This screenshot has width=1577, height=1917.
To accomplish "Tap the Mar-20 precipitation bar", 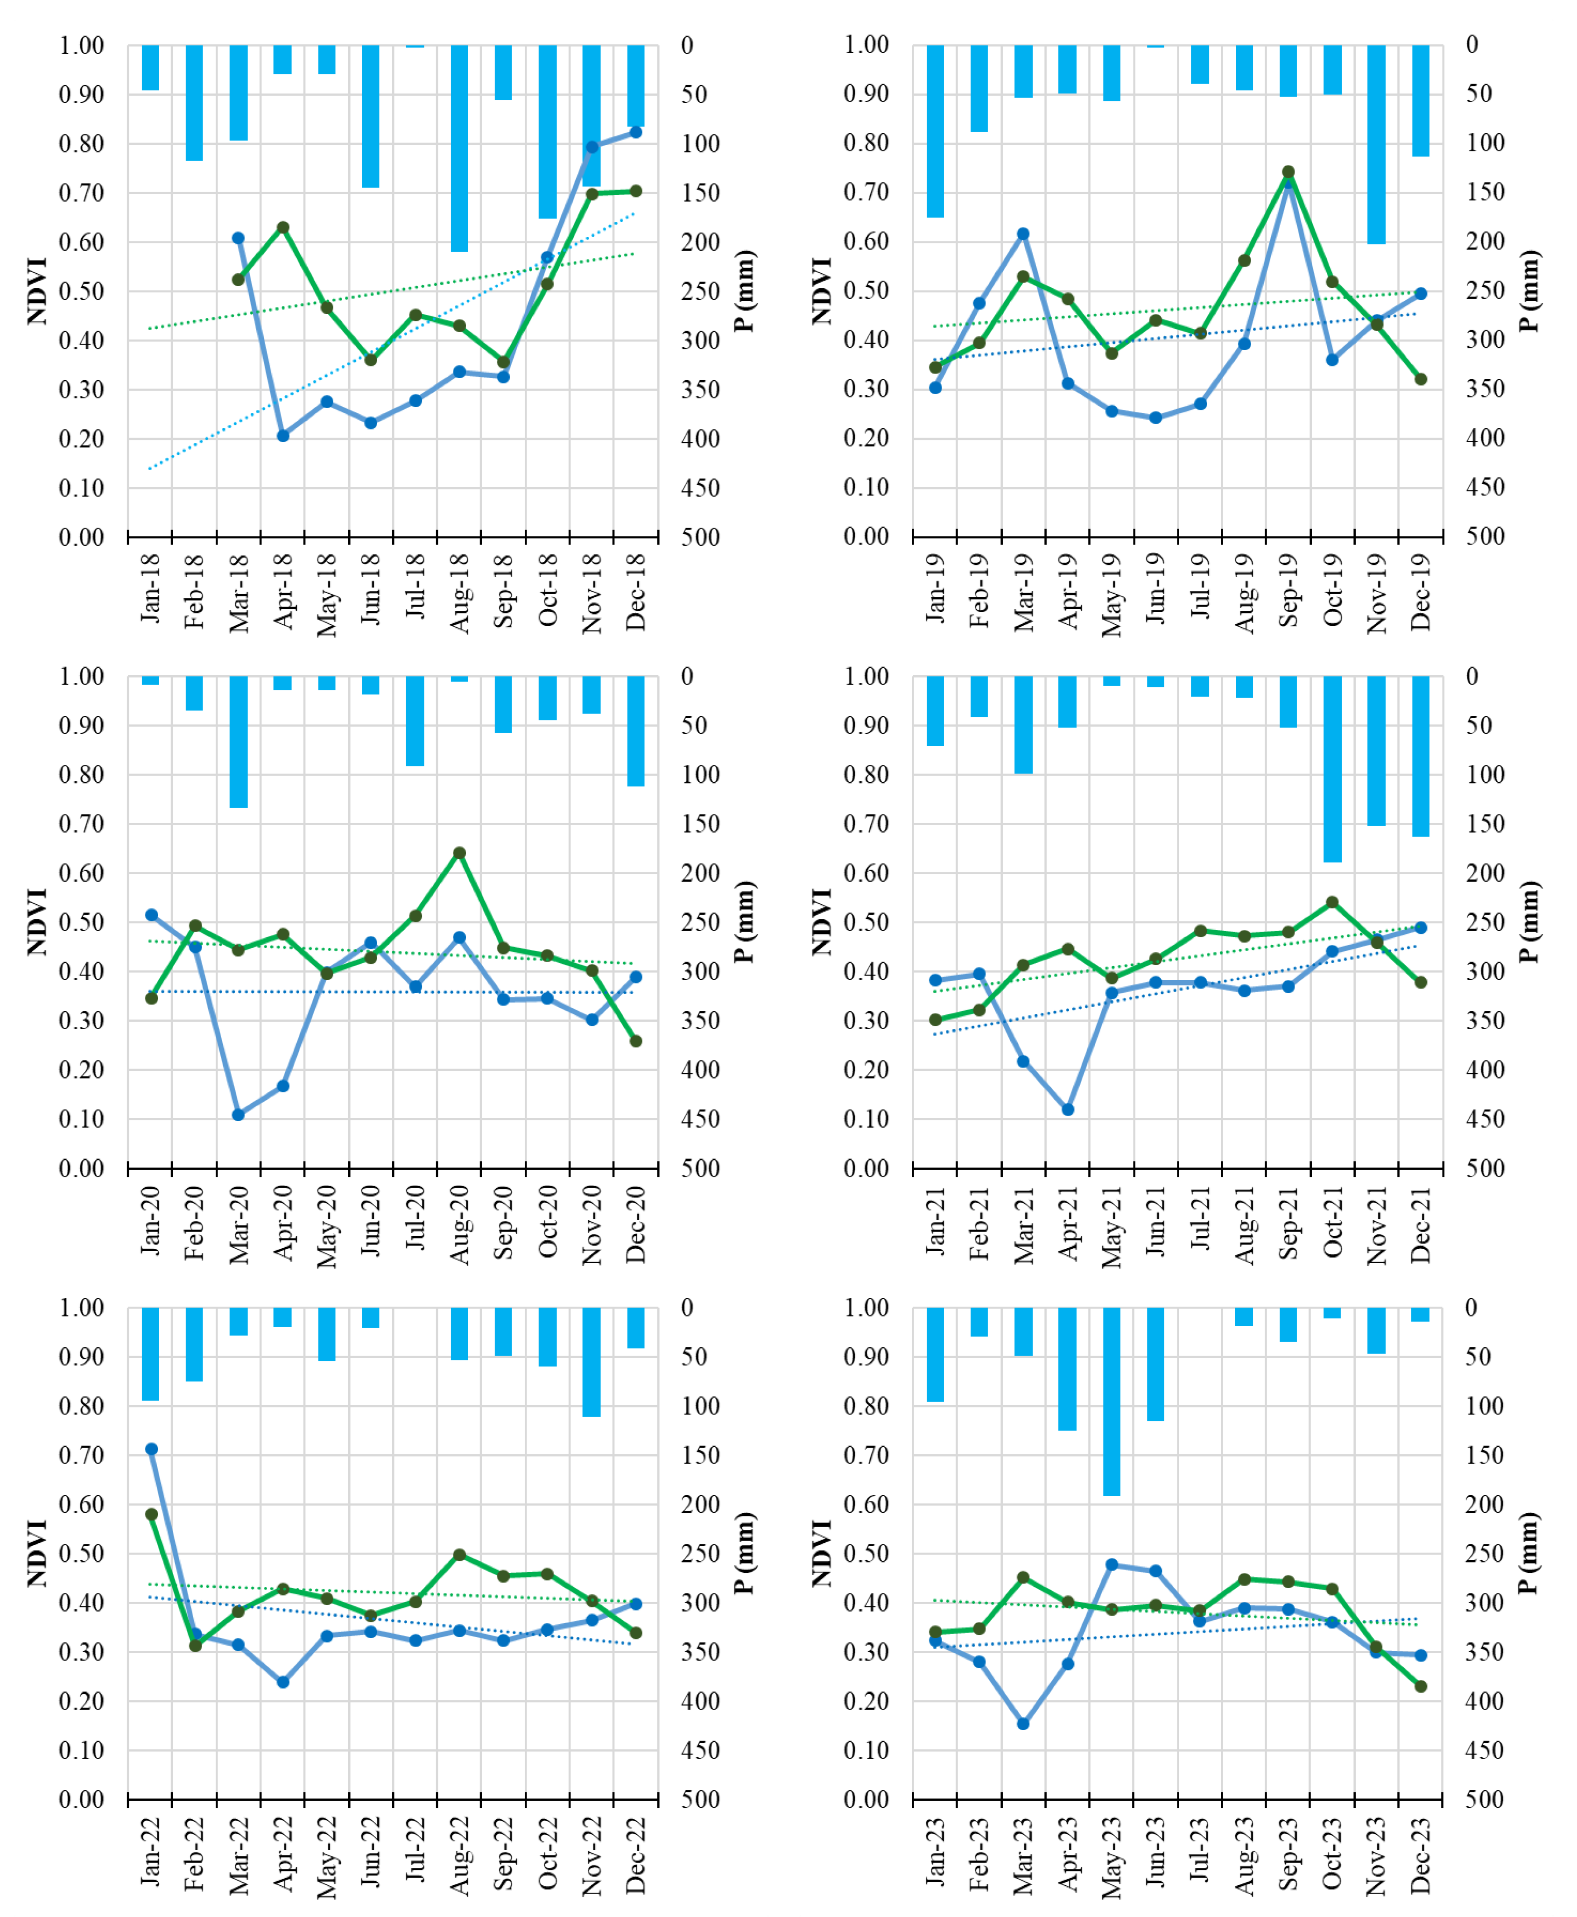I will click(238, 742).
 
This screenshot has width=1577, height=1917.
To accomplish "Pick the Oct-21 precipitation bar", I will click(1332, 769).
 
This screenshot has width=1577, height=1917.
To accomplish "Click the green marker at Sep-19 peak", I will click(1288, 172).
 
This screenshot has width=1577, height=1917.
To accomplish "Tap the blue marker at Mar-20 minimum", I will click(238, 1115).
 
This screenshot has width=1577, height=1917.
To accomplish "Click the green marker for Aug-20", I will click(460, 853).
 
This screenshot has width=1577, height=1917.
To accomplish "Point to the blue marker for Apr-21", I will click(1067, 1109).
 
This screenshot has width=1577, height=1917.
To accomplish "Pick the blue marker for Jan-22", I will click(152, 1449).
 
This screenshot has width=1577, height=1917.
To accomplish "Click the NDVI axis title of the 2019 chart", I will click(822, 291).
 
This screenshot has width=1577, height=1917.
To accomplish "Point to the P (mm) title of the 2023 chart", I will click(1530, 1554).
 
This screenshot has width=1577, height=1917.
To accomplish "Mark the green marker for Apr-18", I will click(282, 227).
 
